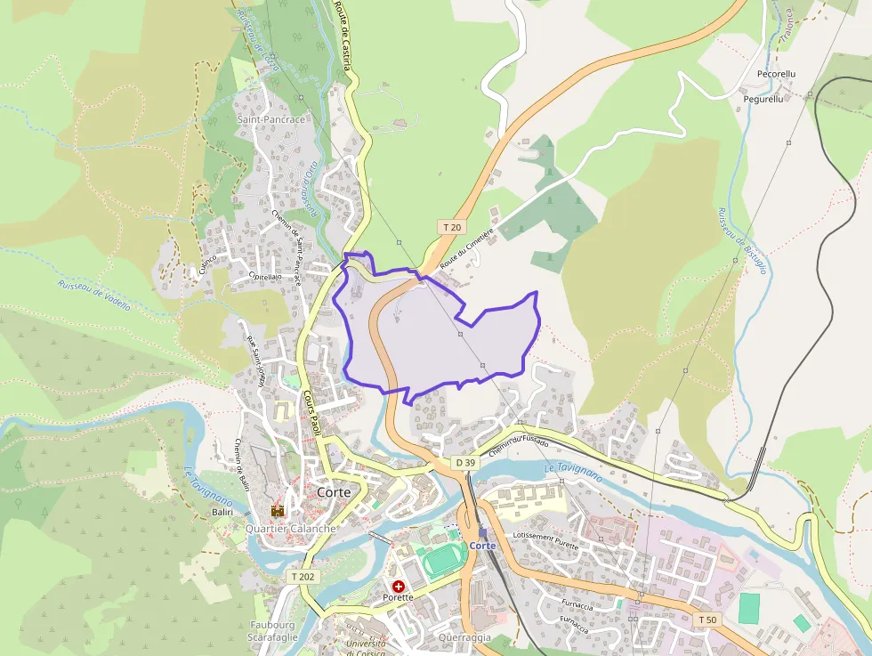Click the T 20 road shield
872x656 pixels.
452,227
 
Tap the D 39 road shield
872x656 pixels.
464,463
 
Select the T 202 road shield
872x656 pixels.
303,577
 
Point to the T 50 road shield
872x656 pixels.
706,619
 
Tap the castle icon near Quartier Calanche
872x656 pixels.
278,511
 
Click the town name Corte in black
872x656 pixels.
335,492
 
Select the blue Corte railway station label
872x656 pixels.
482,545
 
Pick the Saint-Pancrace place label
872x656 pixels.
271,119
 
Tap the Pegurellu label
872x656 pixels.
763,100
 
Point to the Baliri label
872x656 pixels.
222,512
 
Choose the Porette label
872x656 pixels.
399,597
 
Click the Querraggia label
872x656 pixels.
464,637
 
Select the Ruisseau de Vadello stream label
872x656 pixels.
94,295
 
